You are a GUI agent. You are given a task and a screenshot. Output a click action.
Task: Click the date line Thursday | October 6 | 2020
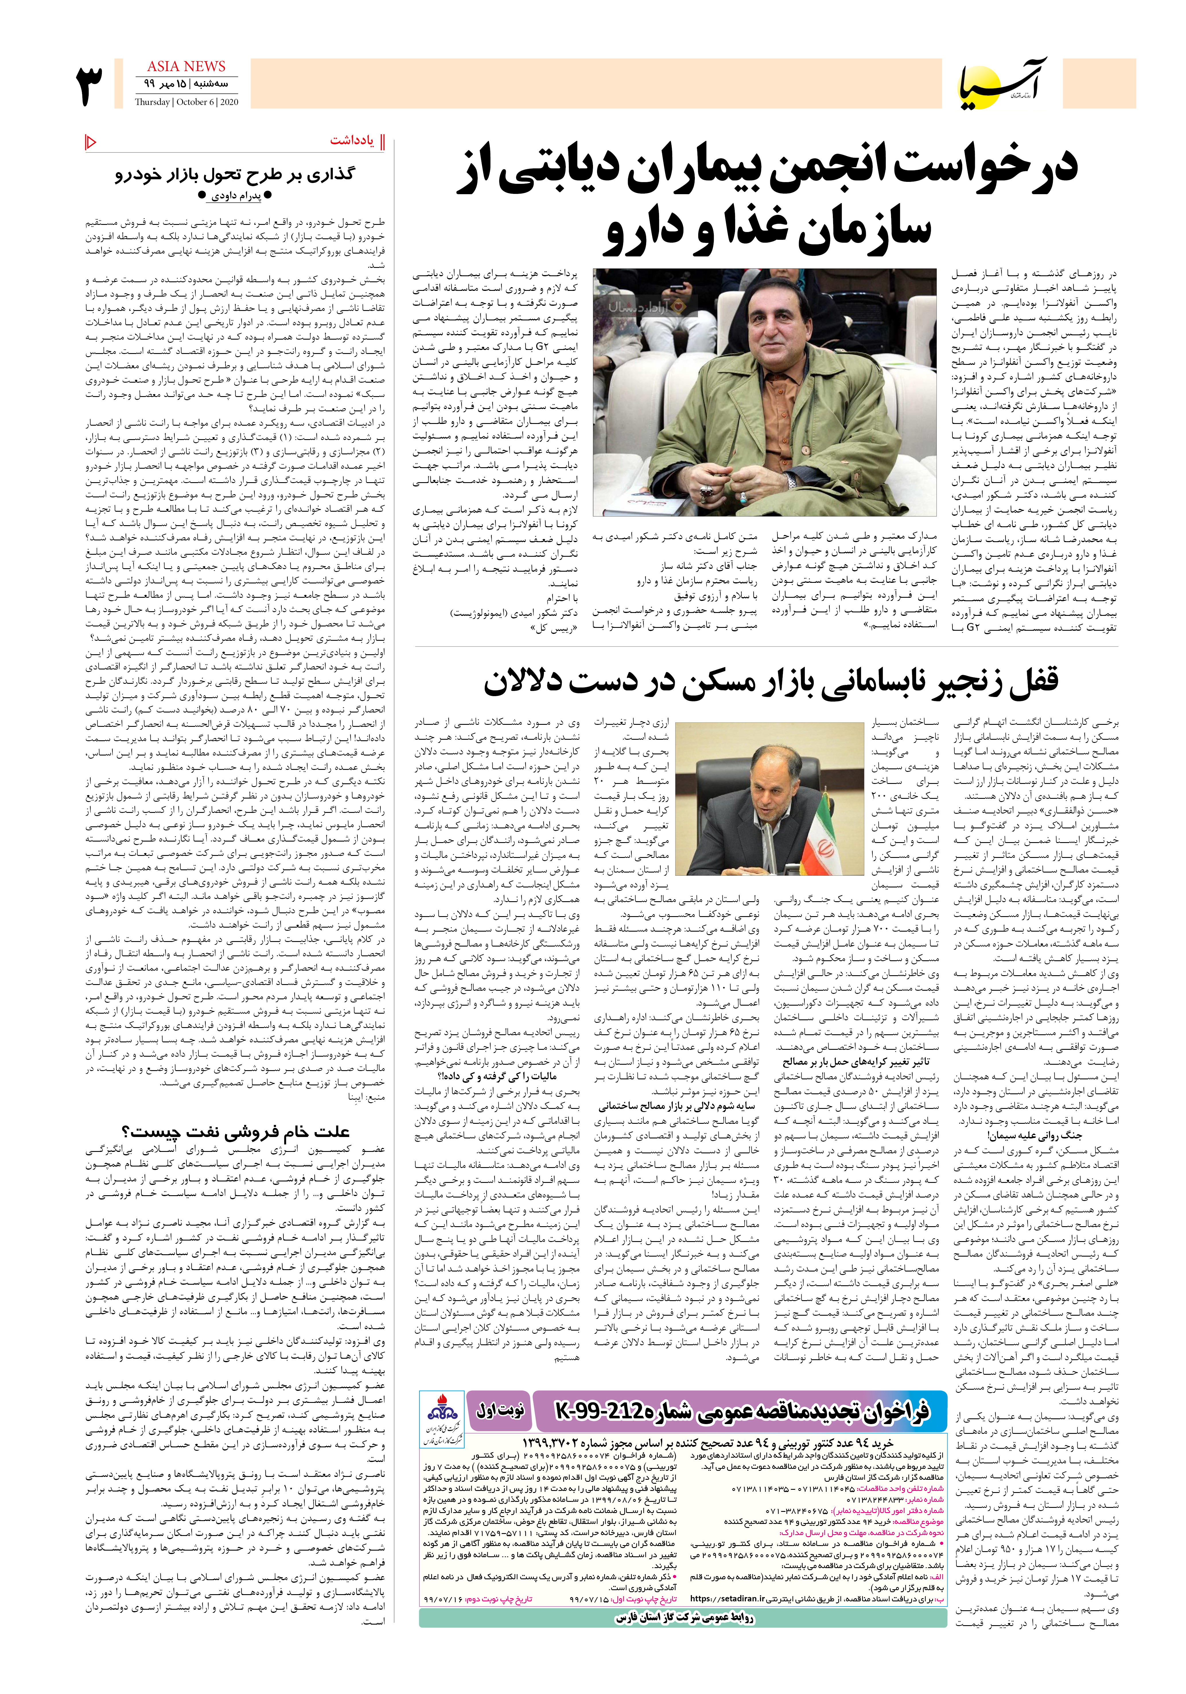click(x=187, y=103)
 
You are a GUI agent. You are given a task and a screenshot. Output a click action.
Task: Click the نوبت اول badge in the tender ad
click(x=500, y=1410)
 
